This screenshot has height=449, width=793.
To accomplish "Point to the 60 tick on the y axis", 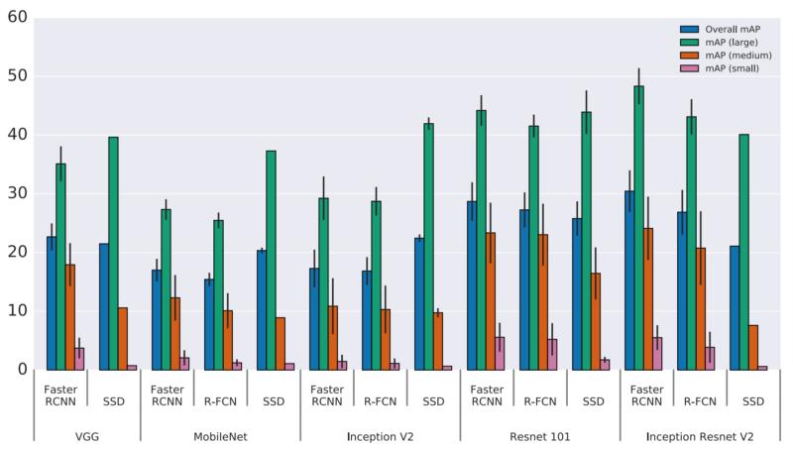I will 17,18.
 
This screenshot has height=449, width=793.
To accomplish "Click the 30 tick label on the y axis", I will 17,193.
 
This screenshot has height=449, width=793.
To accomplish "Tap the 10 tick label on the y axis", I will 17,311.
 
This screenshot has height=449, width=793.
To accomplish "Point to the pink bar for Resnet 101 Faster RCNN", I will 500,353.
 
